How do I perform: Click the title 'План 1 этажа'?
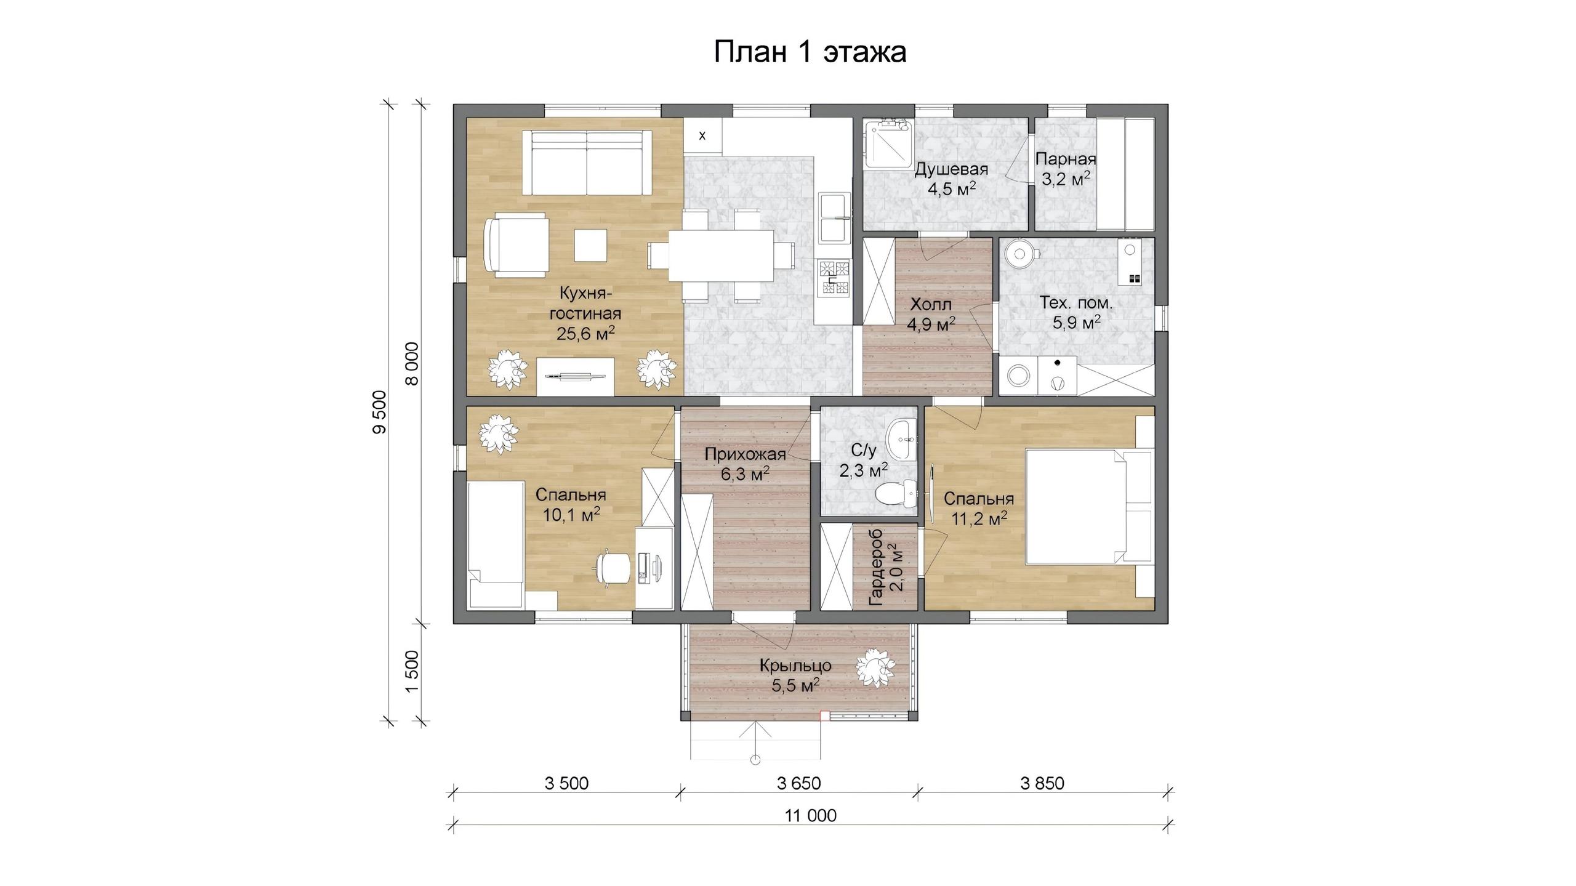[x=810, y=52]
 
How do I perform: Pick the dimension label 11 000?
[x=811, y=815]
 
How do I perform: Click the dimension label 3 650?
[x=799, y=783]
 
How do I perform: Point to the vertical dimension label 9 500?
[x=380, y=412]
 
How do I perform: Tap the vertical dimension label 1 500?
[x=412, y=671]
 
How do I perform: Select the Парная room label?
[x=1066, y=159]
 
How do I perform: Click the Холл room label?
[x=931, y=304]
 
